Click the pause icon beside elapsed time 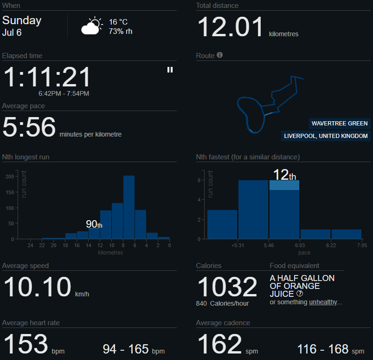click(x=170, y=70)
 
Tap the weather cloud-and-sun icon click(x=91, y=26)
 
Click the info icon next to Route click(x=220, y=55)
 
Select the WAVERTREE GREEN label click(x=340, y=124)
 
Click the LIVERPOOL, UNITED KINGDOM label click(x=326, y=136)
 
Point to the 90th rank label click(x=94, y=224)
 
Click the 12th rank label click(x=284, y=175)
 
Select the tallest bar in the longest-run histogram click(x=129, y=207)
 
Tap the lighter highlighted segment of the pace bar click(x=284, y=185)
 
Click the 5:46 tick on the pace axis click(x=269, y=245)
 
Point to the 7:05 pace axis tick click(x=362, y=245)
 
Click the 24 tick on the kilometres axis click(x=30, y=245)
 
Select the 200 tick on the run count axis click(x=9, y=177)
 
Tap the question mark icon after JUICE click(x=300, y=294)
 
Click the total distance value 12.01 click(x=231, y=27)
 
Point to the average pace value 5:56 click(x=29, y=127)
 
